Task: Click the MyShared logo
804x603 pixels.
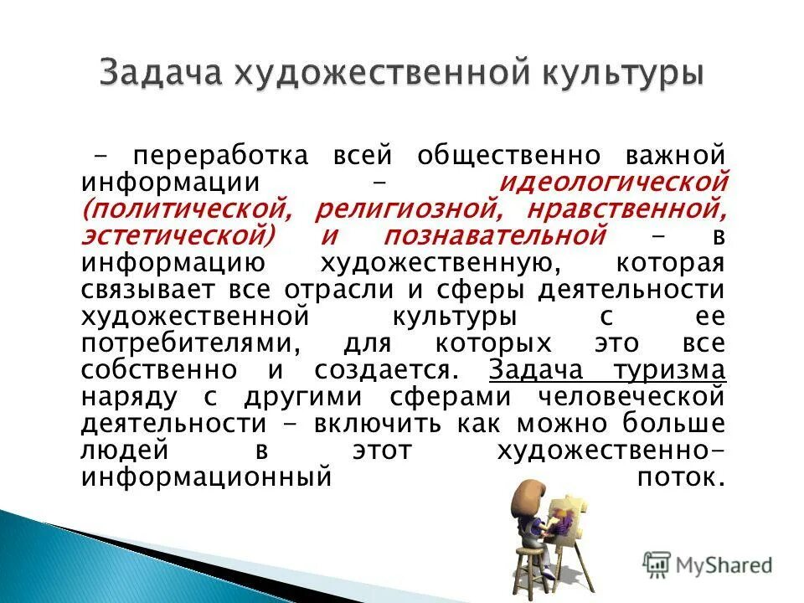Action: click(x=708, y=563)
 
